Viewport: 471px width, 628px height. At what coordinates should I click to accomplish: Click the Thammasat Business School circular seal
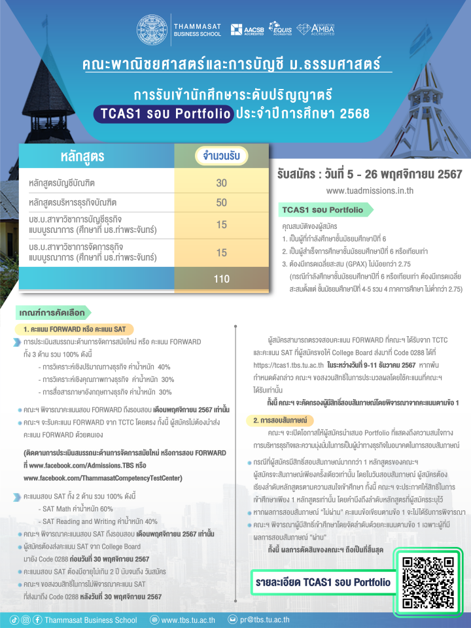pyautogui.click(x=152, y=29)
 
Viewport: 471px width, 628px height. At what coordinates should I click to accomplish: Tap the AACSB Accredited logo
pyautogui.click(x=249, y=29)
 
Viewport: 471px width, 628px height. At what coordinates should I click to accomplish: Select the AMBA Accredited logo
pyautogui.click(x=315, y=29)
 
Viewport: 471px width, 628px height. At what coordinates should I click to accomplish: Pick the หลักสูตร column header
pyautogui.click(x=82, y=157)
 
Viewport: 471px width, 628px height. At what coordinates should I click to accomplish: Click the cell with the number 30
pyautogui.click(x=221, y=183)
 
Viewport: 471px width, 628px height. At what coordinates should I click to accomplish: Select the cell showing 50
pyautogui.click(x=221, y=203)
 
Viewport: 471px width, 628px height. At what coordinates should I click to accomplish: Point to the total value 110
pyautogui.click(x=221, y=279)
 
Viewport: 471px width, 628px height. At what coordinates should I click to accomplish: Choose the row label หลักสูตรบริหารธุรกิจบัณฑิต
pyautogui.click(x=77, y=203)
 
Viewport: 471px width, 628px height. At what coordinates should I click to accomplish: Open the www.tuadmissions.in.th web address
pyautogui.click(x=370, y=191)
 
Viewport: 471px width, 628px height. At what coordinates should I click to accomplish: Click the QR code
pyautogui.click(x=428, y=582)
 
